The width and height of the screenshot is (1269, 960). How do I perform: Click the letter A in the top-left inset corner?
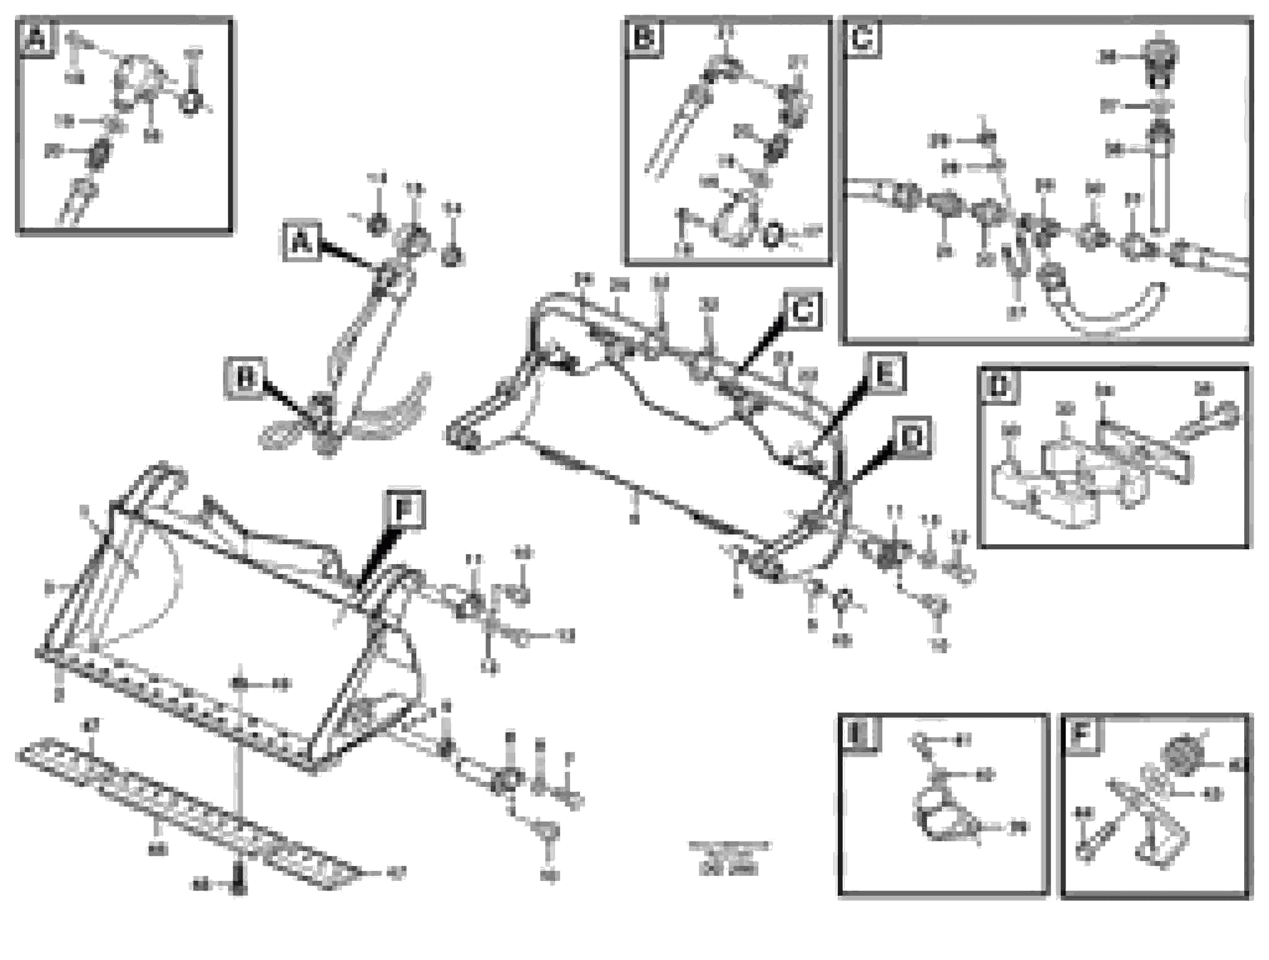(x=37, y=40)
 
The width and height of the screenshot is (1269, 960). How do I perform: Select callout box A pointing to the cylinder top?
(x=302, y=242)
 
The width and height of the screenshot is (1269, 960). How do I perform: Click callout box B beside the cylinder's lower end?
(x=246, y=379)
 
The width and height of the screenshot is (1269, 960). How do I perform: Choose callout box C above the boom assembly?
(x=801, y=311)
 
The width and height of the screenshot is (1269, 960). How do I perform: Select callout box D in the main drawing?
(x=911, y=438)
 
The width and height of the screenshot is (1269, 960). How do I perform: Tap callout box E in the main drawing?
(x=886, y=373)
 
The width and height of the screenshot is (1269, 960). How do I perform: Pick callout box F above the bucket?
(x=406, y=509)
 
